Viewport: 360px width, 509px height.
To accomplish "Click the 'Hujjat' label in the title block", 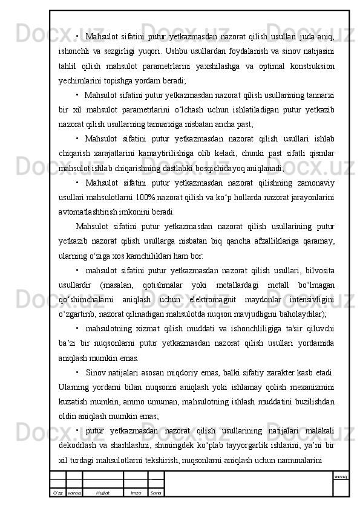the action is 102,493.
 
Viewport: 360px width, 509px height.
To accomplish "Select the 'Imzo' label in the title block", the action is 136,493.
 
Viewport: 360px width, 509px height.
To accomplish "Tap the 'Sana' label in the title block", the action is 156,493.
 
